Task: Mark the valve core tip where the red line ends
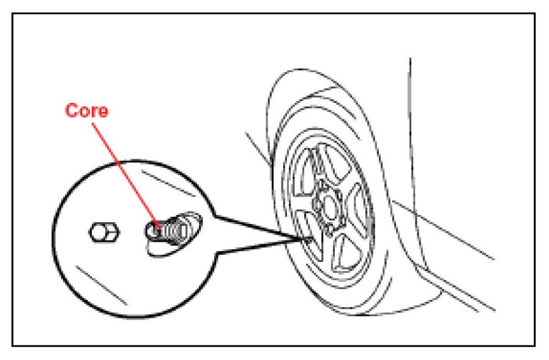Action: coord(161,228)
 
